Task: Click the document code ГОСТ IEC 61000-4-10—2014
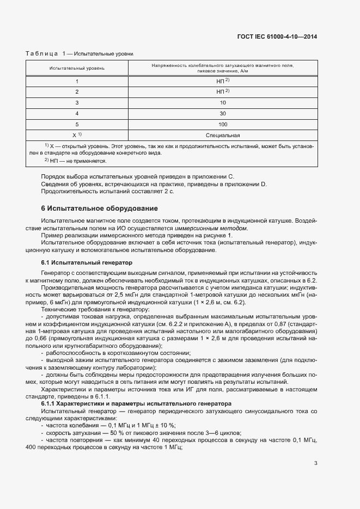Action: click(x=277, y=37)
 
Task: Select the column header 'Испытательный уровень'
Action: click(x=77, y=68)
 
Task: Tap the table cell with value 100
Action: click(x=223, y=124)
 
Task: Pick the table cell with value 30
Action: click(x=223, y=113)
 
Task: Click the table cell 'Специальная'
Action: click(x=223, y=135)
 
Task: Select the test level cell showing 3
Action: click(x=77, y=102)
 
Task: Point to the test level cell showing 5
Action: click(x=77, y=124)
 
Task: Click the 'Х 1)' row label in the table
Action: click(x=77, y=135)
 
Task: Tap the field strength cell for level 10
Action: click(x=223, y=102)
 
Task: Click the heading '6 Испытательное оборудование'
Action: click(x=100, y=208)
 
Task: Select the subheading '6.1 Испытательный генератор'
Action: click(x=87, y=262)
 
